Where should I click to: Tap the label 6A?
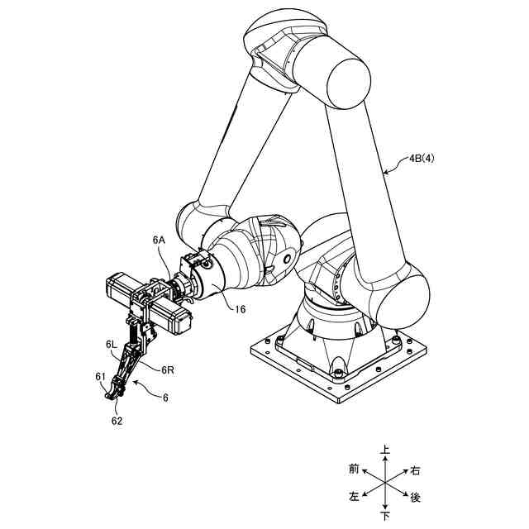point(160,240)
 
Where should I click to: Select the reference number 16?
point(239,309)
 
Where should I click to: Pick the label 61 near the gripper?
point(100,378)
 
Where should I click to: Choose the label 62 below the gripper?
point(117,421)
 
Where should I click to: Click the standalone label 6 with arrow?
point(165,398)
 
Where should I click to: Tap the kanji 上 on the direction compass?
point(385,451)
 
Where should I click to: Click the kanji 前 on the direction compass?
point(354,469)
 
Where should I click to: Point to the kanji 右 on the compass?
point(416,470)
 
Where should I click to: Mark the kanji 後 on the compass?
point(416,498)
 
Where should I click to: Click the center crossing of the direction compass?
point(385,484)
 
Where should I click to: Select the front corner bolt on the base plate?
point(337,374)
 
